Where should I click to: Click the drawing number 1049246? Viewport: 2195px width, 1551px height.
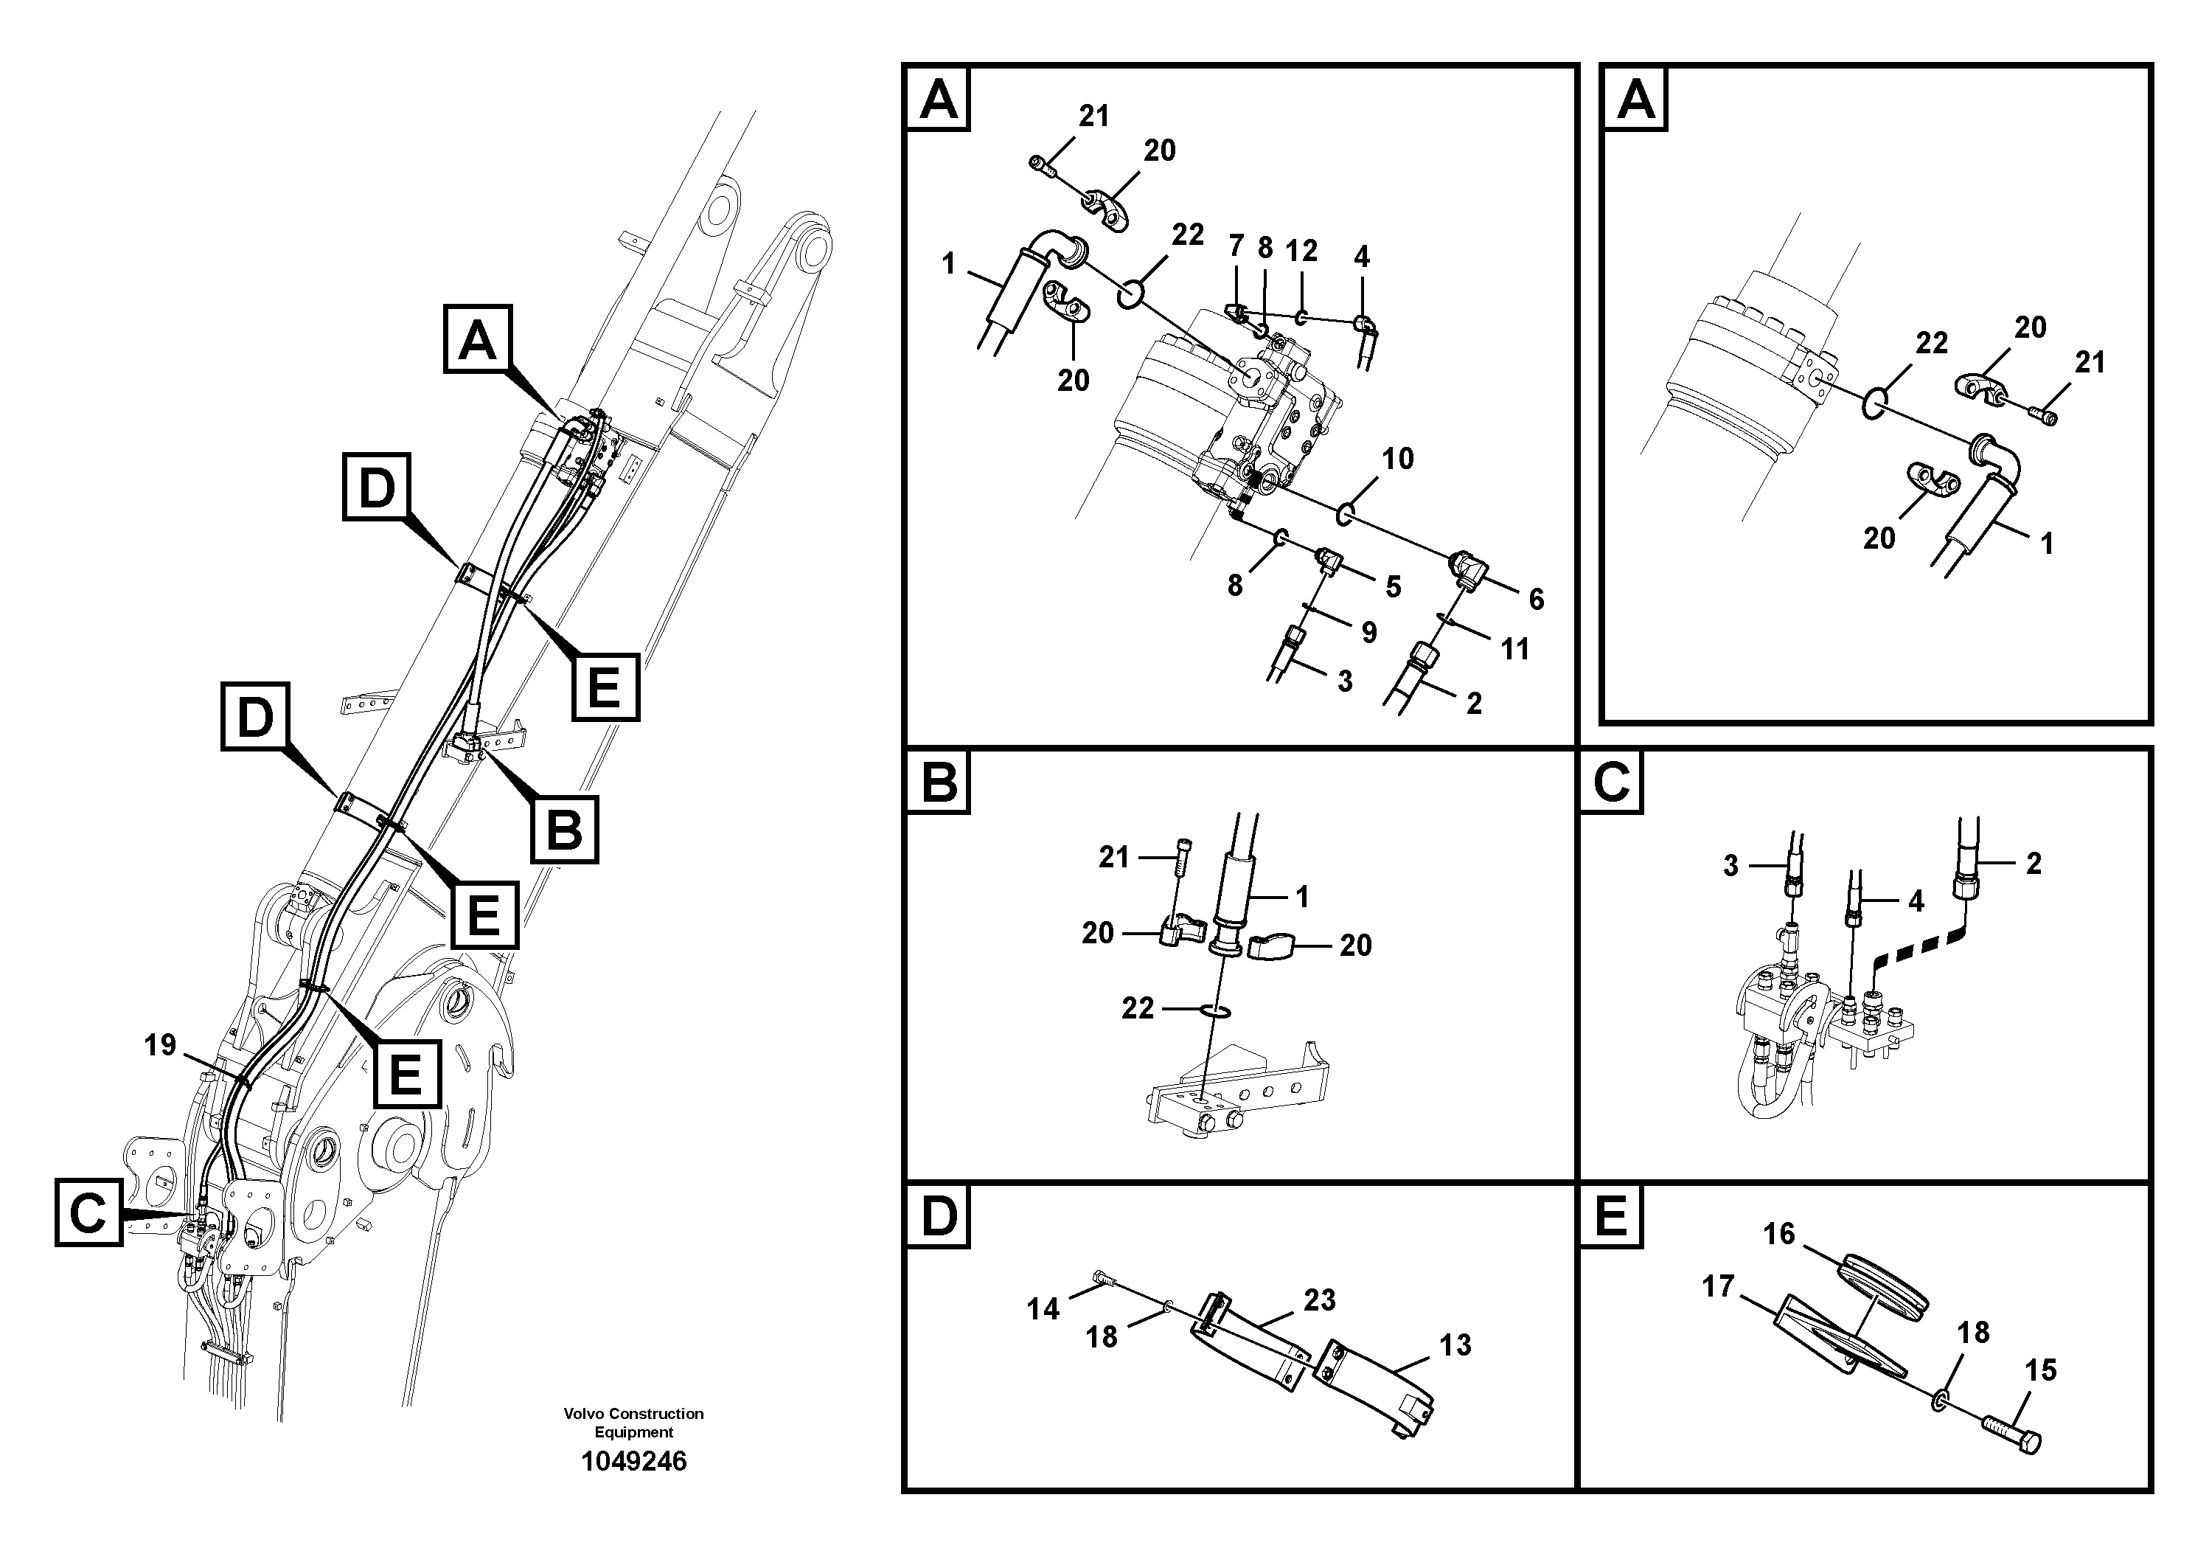click(x=634, y=1461)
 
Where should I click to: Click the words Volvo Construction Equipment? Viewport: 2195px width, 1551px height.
click(x=634, y=1422)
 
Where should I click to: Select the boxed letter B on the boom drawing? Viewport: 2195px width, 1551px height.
click(x=564, y=829)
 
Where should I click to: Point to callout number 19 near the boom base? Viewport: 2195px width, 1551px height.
click(x=160, y=1045)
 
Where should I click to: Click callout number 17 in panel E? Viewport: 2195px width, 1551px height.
click(x=1718, y=1286)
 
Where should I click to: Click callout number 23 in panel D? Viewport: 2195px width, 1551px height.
click(x=1319, y=1300)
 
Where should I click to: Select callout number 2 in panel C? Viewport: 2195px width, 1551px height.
click(x=2034, y=864)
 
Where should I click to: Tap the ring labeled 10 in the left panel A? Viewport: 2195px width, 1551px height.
click(x=1344, y=516)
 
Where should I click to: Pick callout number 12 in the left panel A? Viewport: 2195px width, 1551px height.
click(x=1301, y=251)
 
